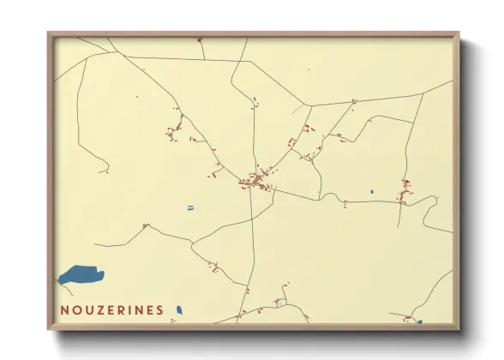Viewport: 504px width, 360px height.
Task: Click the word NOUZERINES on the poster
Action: click(111, 309)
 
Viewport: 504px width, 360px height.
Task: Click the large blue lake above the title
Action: click(81, 276)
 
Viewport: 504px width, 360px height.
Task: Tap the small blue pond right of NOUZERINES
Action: click(179, 309)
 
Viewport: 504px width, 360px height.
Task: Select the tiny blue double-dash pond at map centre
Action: click(190, 207)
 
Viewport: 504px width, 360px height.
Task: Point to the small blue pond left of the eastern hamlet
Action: click(371, 191)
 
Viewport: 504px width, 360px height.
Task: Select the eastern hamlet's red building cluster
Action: click(404, 192)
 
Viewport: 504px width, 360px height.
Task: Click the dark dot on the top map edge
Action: click(199, 39)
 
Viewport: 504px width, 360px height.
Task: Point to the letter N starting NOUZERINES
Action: click(65, 309)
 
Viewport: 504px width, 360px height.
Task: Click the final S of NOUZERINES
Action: click(159, 309)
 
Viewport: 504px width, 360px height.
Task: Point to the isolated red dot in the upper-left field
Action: click(137, 97)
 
